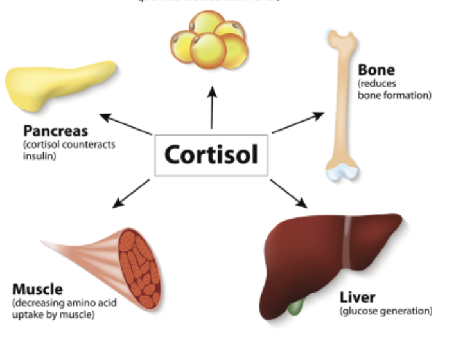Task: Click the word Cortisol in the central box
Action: pos(211,155)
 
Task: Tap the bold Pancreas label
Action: pos(55,131)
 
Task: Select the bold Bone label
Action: pos(376,69)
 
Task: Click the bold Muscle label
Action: pos(38,289)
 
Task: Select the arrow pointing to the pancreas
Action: pos(125,124)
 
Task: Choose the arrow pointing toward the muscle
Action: pos(131,194)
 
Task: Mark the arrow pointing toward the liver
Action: pos(289,193)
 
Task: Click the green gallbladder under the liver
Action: pos(294,305)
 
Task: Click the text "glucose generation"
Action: pos(385,312)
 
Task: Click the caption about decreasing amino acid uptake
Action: pos(64,308)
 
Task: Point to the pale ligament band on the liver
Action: pos(347,244)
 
